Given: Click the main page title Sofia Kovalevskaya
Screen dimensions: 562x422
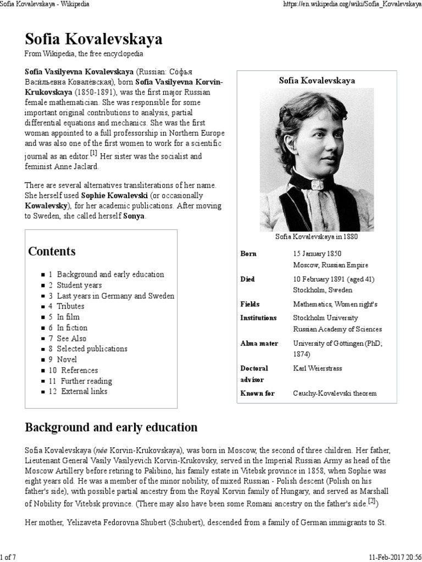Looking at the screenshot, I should coord(93,40).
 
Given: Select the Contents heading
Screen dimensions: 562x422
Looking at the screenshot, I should coord(52,251).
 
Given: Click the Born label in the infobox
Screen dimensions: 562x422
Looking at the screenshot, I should coord(248,254).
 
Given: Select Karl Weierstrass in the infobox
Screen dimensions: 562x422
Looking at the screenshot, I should coord(317,368).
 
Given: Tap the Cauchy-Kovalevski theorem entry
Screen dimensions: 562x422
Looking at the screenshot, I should coord(335,393).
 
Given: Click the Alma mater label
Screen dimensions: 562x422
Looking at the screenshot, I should coord(259,343).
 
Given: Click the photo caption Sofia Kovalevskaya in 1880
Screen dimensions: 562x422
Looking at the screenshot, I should coord(316,237).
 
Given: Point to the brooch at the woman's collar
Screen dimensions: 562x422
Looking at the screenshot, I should coord(316,185).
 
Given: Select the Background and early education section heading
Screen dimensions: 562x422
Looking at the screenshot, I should coord(111,427).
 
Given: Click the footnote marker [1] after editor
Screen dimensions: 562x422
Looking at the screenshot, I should coord(93,154).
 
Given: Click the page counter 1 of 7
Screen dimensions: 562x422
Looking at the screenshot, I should coord(9,558).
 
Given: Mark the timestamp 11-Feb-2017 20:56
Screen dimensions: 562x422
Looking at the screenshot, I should coord(393,558).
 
